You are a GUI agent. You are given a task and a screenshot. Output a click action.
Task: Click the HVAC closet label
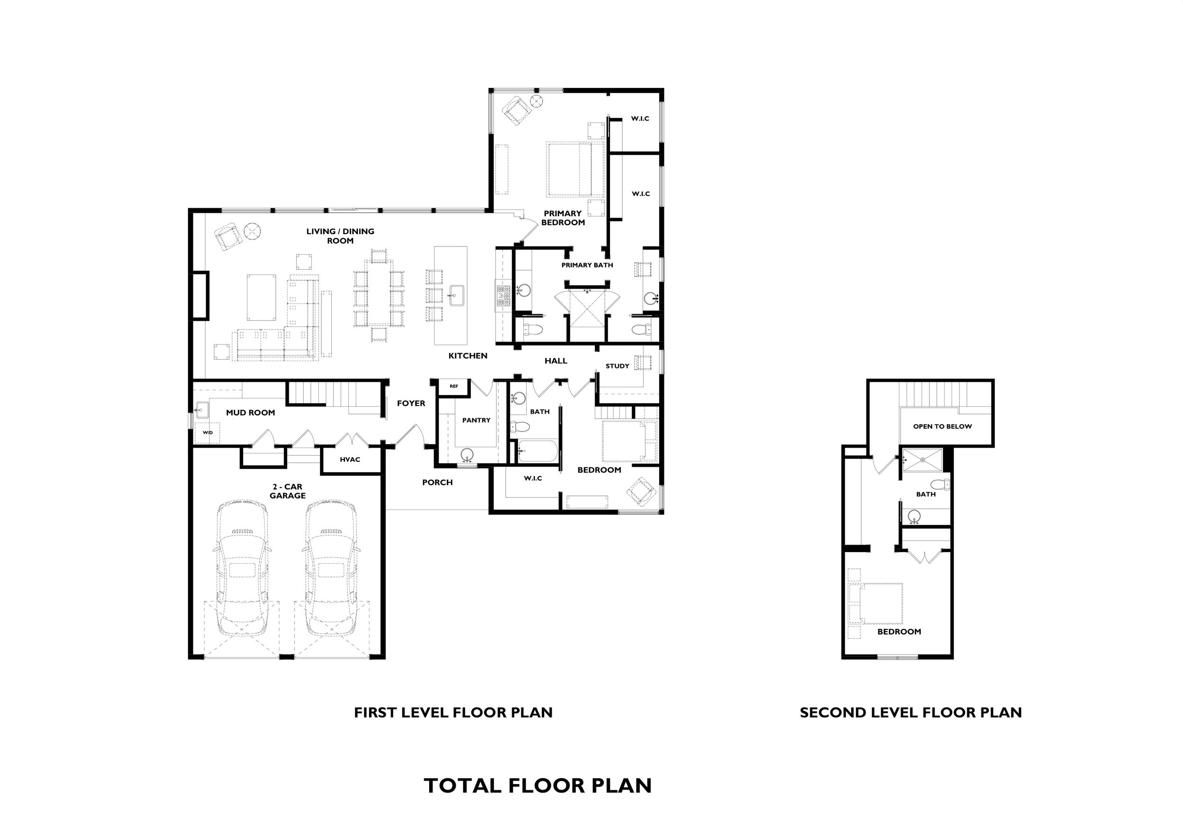[x=350, y=460]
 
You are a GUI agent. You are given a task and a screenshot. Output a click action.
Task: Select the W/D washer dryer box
[x=207, y=432]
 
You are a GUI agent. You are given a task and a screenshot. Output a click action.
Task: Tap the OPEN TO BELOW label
[x=942, y=427]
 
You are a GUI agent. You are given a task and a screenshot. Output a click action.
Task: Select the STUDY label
[x=617, y=366]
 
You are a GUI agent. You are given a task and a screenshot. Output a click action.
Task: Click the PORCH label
[x=437, y=483]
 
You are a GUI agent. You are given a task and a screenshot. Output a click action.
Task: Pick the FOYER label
[x=411, y=404]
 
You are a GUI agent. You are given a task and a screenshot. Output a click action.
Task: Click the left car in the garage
[x=241, y=568]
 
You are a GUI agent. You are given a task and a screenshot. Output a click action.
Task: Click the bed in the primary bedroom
[x=575, y=169]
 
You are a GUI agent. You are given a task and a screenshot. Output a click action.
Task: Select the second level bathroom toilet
[x=941, y=485]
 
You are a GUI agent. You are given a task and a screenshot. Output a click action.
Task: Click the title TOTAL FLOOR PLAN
[x=538, y=785]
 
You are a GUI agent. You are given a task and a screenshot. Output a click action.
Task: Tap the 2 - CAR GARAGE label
[x=288, y=491]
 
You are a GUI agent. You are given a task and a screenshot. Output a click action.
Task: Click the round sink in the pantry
[x=467, y=455]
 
